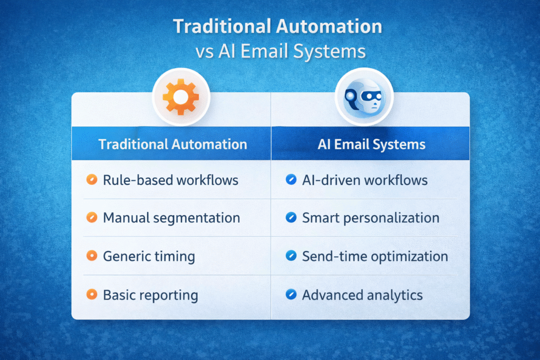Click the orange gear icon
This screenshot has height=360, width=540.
(181, 96)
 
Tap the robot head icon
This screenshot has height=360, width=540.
(364, 98)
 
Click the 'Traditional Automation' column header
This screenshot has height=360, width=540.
(172, 144)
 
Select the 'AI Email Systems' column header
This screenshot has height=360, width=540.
(371, 144)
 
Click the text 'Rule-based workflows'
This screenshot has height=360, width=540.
(170, 180)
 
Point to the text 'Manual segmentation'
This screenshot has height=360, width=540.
(171, 218)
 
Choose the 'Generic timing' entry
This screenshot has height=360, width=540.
(149, 257)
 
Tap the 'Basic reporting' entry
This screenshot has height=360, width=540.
(150, 295)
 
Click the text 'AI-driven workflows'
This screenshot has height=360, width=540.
(365, 180)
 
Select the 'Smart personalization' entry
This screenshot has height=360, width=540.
(371, 218)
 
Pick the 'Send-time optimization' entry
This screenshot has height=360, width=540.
(375, 256)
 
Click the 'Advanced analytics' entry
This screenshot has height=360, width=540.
(362, 295)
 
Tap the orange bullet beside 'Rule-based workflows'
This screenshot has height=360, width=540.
(92, 179)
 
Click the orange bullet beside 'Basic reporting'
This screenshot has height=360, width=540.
(92, 294)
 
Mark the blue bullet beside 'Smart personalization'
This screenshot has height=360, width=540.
(291, 217)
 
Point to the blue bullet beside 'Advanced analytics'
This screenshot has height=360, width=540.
(291, 294)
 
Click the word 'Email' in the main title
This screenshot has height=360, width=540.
(264, 51)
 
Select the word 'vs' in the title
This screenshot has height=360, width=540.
(205, 52)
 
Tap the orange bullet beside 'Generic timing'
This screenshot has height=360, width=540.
(92, 256)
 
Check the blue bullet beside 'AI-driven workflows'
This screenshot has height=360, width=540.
(291, 179)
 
